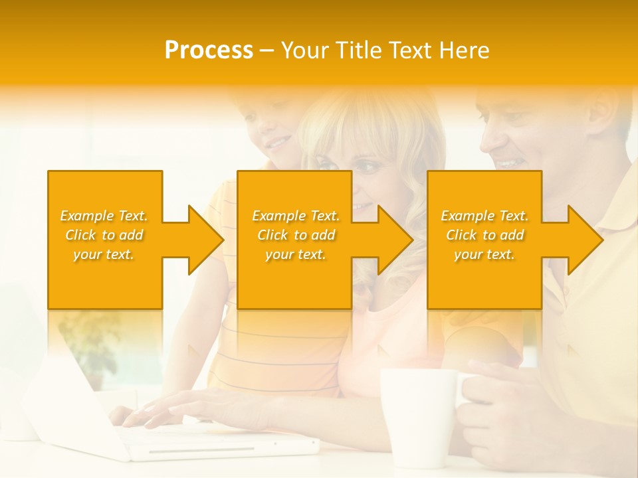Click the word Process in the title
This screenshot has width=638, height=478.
[209, 50]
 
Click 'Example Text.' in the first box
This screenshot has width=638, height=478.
[104, 216]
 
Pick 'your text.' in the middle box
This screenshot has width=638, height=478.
[295, 254]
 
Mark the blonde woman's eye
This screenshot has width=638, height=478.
[366, 167]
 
